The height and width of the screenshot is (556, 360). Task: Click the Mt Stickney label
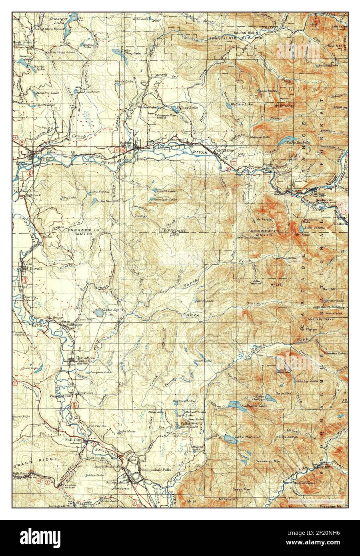click(284, 106)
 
